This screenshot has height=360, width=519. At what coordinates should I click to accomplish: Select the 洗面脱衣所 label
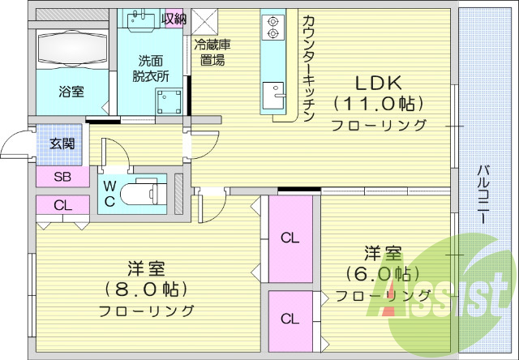coord(152,68)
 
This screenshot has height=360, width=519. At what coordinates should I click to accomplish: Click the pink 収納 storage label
coord(174,19)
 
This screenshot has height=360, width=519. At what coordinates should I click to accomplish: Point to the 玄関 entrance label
coord(62,144)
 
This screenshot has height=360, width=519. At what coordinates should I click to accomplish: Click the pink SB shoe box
coord(62,177)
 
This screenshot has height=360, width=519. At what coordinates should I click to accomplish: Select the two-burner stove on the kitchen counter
coord(272,27)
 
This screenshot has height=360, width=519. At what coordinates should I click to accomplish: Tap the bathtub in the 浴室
coord(71,47)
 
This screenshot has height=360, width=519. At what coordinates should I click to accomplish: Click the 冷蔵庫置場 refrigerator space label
coord(208,53)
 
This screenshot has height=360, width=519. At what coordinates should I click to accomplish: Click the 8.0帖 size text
coord(147,289)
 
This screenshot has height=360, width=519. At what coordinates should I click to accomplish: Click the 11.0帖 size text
coord(378,104)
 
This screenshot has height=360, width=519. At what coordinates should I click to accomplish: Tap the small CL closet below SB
coord(62,205)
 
